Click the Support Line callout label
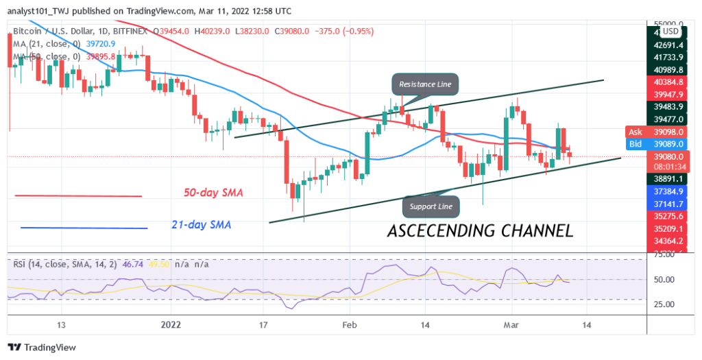coord(431,205)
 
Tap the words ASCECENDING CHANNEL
coord(480,231)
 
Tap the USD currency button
coord(670,31)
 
